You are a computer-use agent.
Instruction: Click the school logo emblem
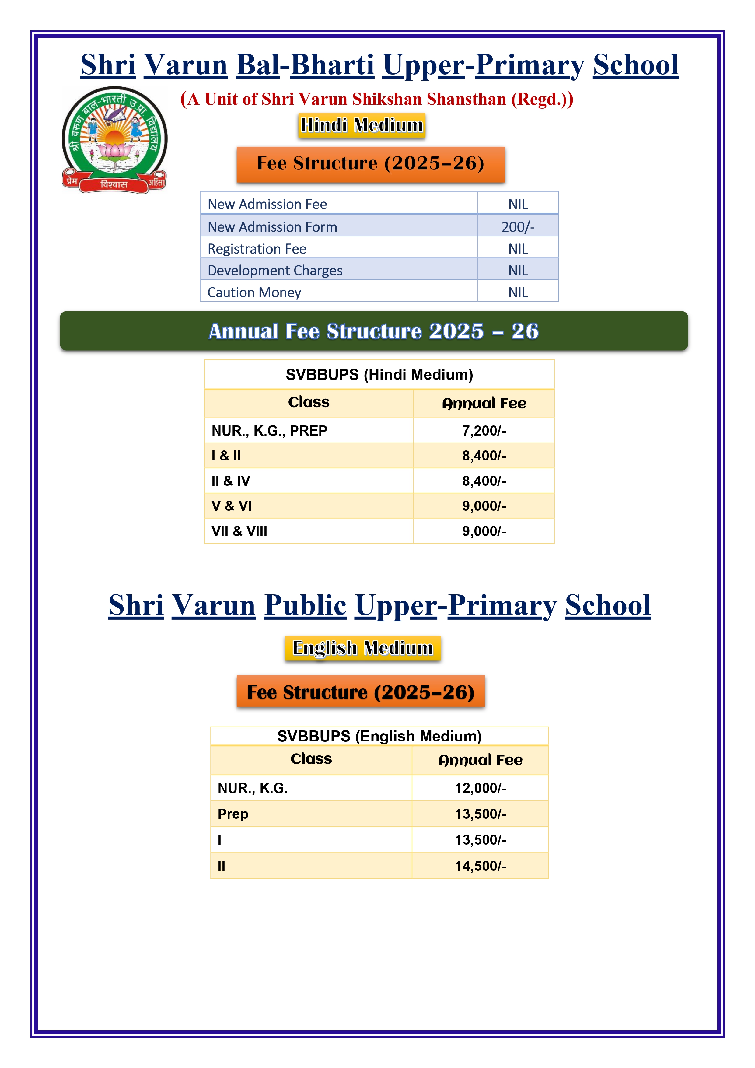[x=114, y=139]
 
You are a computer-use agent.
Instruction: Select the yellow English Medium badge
[x=362, y=648]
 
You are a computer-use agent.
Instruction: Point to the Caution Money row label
[x=254, y=292]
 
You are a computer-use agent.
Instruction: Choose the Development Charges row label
[x=275, y=270]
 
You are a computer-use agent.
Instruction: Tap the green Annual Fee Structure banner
[x=374, y=331]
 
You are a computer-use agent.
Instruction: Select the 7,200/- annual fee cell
[x=484, y=431]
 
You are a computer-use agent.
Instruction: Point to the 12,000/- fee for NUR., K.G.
[x=480, y=788]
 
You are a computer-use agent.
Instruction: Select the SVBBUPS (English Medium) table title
[x=379, y=736]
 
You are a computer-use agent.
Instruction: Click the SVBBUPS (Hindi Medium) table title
[x=379, y=374]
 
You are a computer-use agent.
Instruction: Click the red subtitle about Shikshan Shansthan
[x=377, y=99]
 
